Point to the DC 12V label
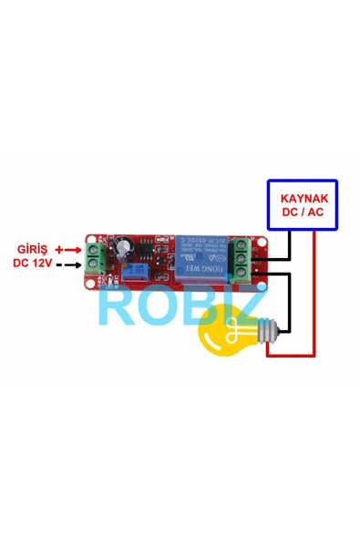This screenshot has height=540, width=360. pos(33,264)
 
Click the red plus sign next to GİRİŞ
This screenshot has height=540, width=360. pos(60,249)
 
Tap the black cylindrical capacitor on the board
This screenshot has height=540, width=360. pos(126,248)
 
